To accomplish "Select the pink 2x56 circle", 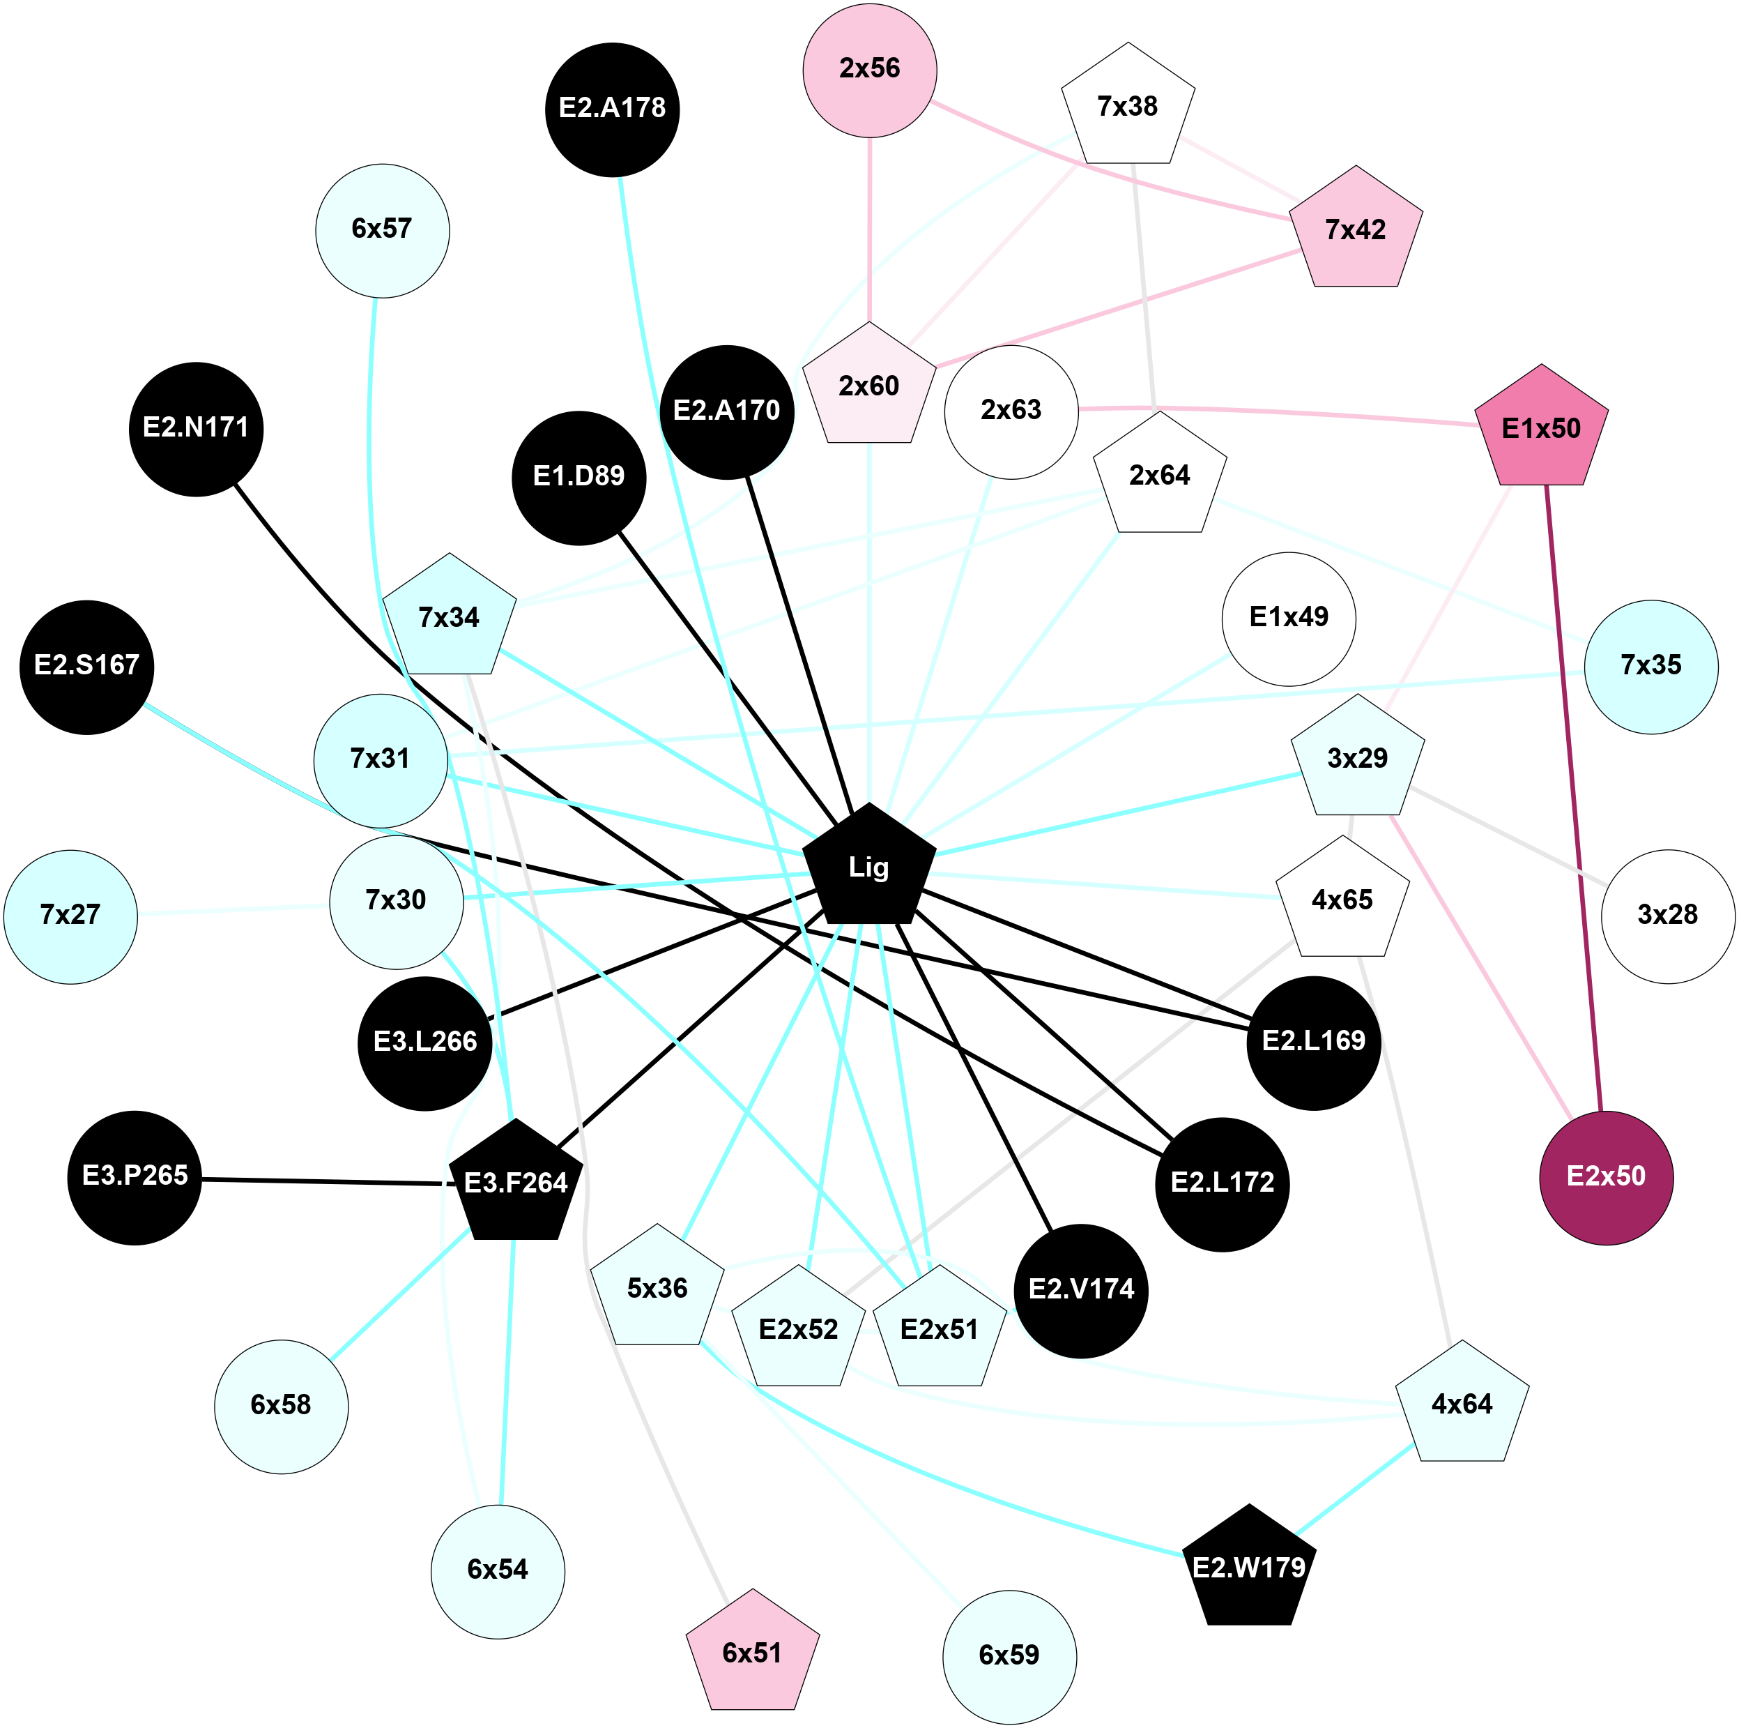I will (x=870, y=69).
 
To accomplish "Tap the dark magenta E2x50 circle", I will (x=1606, y=1177).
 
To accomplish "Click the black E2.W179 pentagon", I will (x=1248, y=1568).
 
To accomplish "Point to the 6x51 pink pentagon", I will (x=753, y=1653).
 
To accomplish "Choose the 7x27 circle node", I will (x=70, y=916).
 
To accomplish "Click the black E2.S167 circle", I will (x=86, y=667).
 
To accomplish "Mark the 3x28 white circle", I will (x=1667, y=916).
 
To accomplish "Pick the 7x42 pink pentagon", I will (x=1356, y=231).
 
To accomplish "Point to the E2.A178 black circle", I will (x=612, y=109).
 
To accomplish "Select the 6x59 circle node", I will (x=1009, y=1655).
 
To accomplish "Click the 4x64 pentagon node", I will (x=1462, y=1404).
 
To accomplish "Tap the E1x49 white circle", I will (x=1289, y=618).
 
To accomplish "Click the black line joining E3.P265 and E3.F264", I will (x=324, y=1181).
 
